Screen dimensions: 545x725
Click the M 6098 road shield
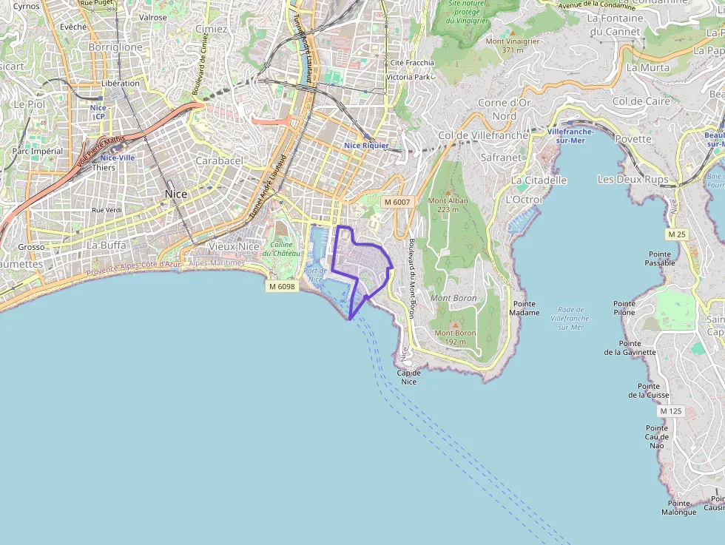pos(282,286)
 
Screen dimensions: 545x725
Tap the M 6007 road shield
pos(397,202)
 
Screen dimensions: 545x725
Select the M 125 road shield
pos(670,410)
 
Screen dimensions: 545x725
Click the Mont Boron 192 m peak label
pos(455,337)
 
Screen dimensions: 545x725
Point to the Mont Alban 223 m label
pos(448,205)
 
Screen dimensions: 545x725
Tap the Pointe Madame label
pos(524,308)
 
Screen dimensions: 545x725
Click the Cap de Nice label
pos(408,377)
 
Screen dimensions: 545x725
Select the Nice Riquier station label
pos(366,146)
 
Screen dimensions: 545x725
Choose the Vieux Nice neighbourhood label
pos(235,246)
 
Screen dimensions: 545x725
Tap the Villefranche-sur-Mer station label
pos(570,135)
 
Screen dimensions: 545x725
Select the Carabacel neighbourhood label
pos(219,160)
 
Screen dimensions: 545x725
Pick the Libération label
pos(121,84)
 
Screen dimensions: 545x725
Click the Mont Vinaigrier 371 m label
pos(513,45)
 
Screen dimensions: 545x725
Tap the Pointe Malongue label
pos(678,508)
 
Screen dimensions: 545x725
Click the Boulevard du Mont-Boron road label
pos(411,278)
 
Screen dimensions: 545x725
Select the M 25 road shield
pos(676,234)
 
